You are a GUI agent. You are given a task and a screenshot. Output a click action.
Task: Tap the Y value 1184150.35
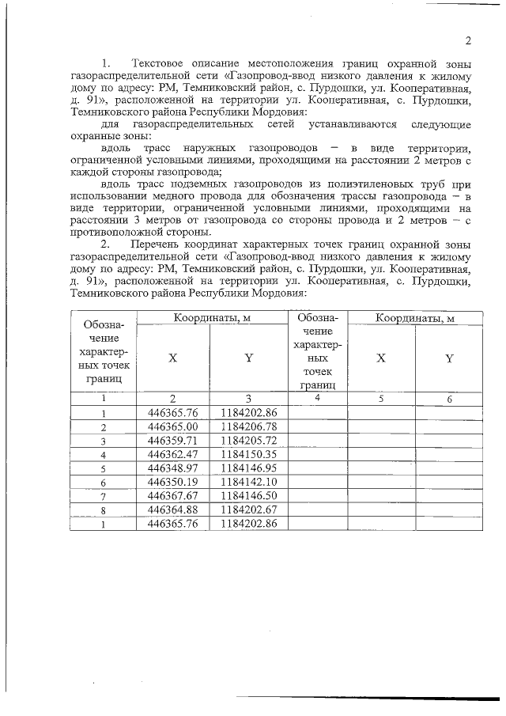(x=248, y=454)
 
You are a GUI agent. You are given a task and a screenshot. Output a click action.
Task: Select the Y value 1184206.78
(x=248, y=426)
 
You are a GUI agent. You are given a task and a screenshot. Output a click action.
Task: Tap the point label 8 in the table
(x=104, y=510)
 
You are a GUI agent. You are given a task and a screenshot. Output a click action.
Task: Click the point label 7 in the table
(x=104, y=496)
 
